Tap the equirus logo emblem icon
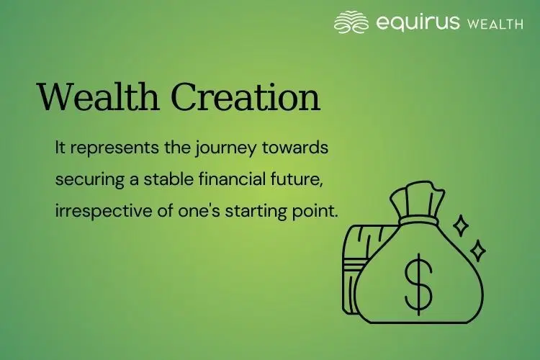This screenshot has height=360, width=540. (x=351, y=22)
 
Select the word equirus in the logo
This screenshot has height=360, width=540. (x=418, y=22)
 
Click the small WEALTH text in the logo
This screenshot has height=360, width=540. (x=495, y=23)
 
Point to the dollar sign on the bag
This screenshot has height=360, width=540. (x=418, y=281)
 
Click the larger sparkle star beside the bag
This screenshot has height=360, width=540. (x=461, y=225)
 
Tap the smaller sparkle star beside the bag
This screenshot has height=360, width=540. (x=477, y=251)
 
